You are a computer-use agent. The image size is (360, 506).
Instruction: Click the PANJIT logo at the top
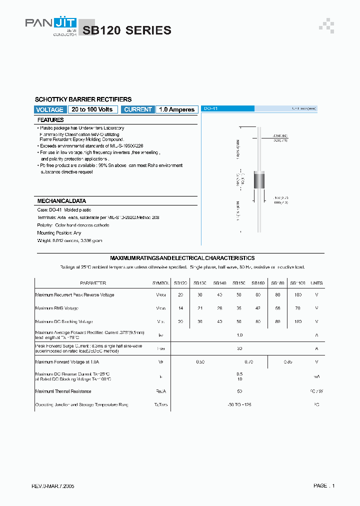(x=50, y=25)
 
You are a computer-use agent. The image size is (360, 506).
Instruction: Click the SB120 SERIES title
(x=127, y=30)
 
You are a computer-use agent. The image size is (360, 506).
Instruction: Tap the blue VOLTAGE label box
(x=50, y=109)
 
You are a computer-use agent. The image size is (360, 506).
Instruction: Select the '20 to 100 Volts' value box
(x=92, y=109)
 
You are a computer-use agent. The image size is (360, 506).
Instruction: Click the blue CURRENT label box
(x=138, y=109)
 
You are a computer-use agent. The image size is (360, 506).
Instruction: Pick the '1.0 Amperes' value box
(x=176, y=109)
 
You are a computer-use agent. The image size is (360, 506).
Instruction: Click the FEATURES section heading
(x=50, y=120)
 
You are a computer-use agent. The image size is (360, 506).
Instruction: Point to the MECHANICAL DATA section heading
(x=61, y=200)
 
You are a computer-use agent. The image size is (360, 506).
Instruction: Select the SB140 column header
(x=220, y=283)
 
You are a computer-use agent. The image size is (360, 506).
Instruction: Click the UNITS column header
(x=316, y=283)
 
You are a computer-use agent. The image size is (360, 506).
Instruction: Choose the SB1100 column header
(x=298, y=283)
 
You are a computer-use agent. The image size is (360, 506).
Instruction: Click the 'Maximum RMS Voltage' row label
(x=57, y=308)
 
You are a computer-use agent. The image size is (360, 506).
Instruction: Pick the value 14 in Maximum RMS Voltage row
(x=180, y=308)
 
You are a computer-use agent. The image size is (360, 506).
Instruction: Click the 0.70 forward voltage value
(x=239, y=361)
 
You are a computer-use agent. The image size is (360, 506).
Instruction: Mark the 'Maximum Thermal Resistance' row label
(x=63, y=391)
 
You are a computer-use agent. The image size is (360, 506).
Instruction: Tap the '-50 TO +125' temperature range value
(x=239, y=404)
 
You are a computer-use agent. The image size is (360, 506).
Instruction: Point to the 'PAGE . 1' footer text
(x=324, y=485)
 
